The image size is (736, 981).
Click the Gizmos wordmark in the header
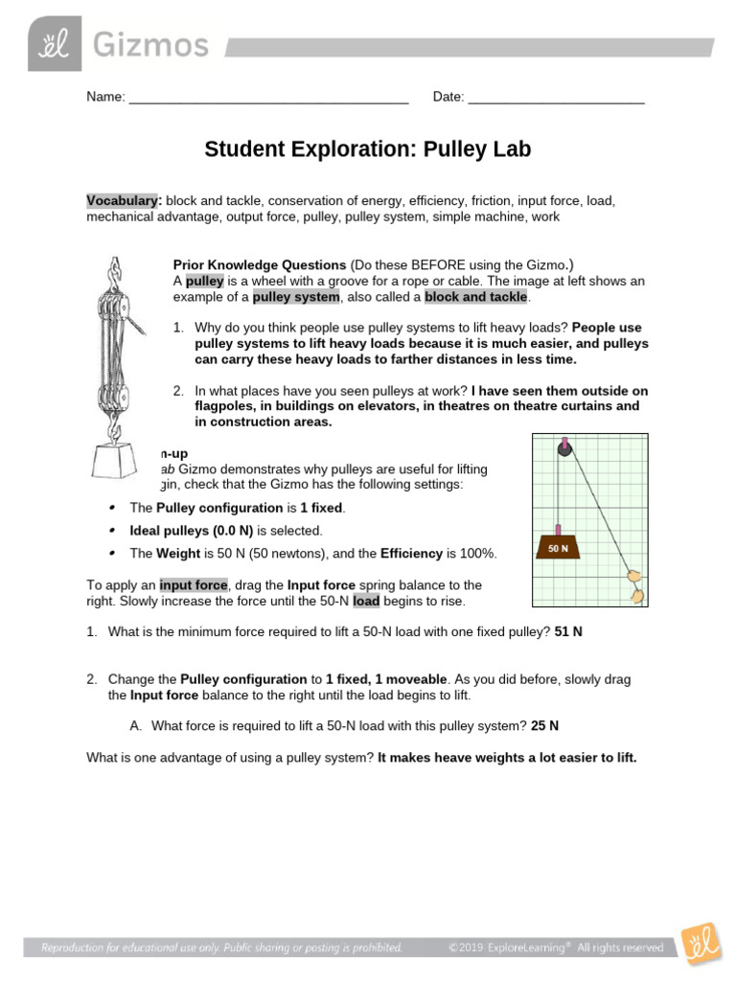(x=149, y=45)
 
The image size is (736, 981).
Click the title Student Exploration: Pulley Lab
(x=367, y=149)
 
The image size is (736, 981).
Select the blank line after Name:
(x=268, y=98)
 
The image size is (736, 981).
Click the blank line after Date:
(x=556, y=98)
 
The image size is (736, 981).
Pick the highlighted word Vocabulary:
(x=124, y=201)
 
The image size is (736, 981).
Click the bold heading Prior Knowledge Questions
(x=260, y=264)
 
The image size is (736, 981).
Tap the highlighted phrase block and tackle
(x=476, y=297)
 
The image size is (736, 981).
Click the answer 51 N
(x=568, y=632)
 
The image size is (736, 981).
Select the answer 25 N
(x=544, y=725)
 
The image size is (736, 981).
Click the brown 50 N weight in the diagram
(x=559, y=547)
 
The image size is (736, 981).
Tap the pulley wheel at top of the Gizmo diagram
(x=565, y=447)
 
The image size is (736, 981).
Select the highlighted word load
(x=366, y=602)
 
